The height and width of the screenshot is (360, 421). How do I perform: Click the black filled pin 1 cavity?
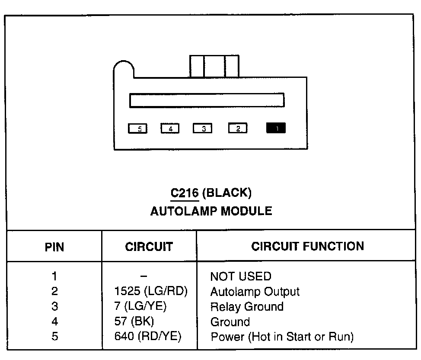[276, 129]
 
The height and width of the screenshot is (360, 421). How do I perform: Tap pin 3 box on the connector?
[202, 129]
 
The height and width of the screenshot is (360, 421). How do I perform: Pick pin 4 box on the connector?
[170, 129]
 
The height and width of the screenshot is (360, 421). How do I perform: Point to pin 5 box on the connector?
[137, 129]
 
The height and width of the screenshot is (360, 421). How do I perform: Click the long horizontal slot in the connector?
[207, 100]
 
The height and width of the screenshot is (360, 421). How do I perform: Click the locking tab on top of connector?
[214, 66]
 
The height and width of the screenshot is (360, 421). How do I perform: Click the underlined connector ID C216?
[185, 192]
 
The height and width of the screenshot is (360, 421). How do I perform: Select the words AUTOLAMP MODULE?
[211, 211]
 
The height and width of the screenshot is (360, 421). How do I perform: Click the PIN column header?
[54, 247]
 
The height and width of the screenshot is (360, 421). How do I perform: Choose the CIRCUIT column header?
[149, 247]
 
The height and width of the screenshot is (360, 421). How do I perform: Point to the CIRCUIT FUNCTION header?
[308, 246]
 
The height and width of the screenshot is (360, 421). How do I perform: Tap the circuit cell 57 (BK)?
[134, 322]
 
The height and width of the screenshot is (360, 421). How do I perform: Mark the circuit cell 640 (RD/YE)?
[148, 337]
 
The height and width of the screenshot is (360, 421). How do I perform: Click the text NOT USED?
[241, 276]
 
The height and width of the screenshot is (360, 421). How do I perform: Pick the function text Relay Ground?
[247, 307]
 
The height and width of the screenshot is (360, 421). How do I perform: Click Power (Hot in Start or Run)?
[282, 337]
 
